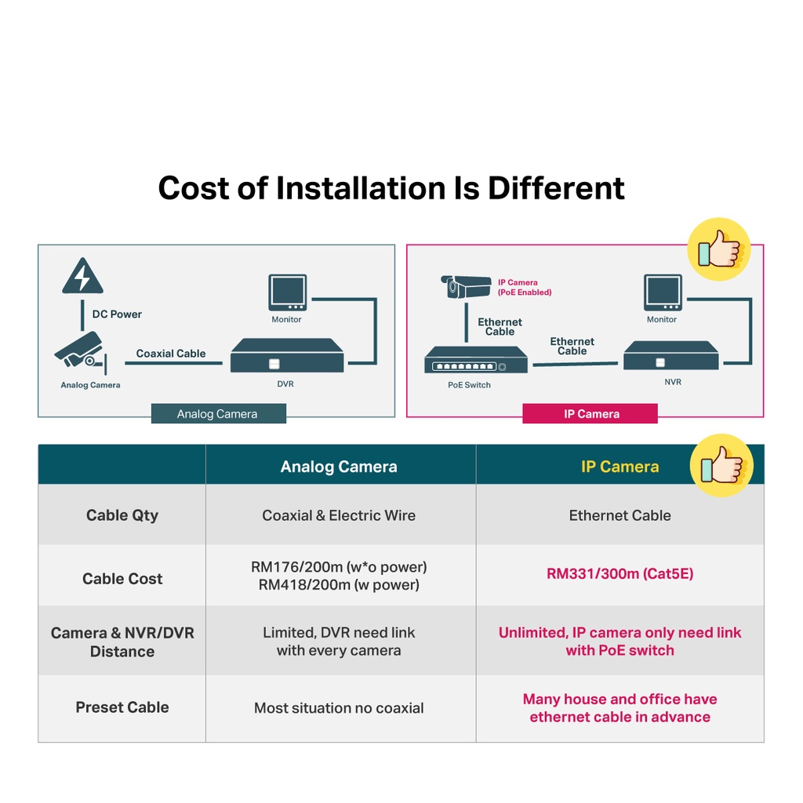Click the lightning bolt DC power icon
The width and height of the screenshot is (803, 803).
82,276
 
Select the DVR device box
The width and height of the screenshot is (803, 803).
287,356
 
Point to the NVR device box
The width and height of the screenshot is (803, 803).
671,357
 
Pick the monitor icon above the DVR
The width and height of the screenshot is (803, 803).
286,293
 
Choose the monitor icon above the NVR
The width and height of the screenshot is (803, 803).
663,293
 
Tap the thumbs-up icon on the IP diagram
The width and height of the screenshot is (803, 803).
718,249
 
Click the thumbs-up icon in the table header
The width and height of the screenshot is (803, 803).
721,466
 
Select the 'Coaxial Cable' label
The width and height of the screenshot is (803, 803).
171,354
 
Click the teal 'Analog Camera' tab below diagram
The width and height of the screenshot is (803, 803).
218,414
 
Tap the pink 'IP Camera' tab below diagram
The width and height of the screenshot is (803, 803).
590,414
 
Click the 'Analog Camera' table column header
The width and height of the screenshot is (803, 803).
339,467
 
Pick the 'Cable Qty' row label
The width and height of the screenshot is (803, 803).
122,515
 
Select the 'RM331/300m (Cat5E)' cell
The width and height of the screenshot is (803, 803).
620,574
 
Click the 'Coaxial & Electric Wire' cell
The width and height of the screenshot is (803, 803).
339,515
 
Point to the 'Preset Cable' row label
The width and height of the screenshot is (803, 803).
122,707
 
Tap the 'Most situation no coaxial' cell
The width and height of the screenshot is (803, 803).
339,708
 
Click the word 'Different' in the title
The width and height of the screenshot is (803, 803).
557,188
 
